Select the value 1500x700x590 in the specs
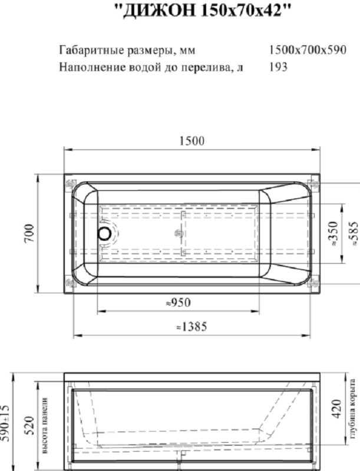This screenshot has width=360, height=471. click(x=307, y=49)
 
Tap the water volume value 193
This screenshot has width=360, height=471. click(x=278, y=67)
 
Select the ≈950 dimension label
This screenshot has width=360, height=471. click(x=179, y=303)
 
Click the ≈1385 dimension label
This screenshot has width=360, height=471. click(x=192, y=327)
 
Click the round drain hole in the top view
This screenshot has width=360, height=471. click(x=104, y=233)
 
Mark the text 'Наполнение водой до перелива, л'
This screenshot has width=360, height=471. click(x=151, y=67)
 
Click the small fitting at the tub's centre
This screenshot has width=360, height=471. click(x=179, y=234)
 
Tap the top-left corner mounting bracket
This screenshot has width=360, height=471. click(x=71, y=183)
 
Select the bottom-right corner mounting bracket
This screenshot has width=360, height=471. click(x=312, y=283)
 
